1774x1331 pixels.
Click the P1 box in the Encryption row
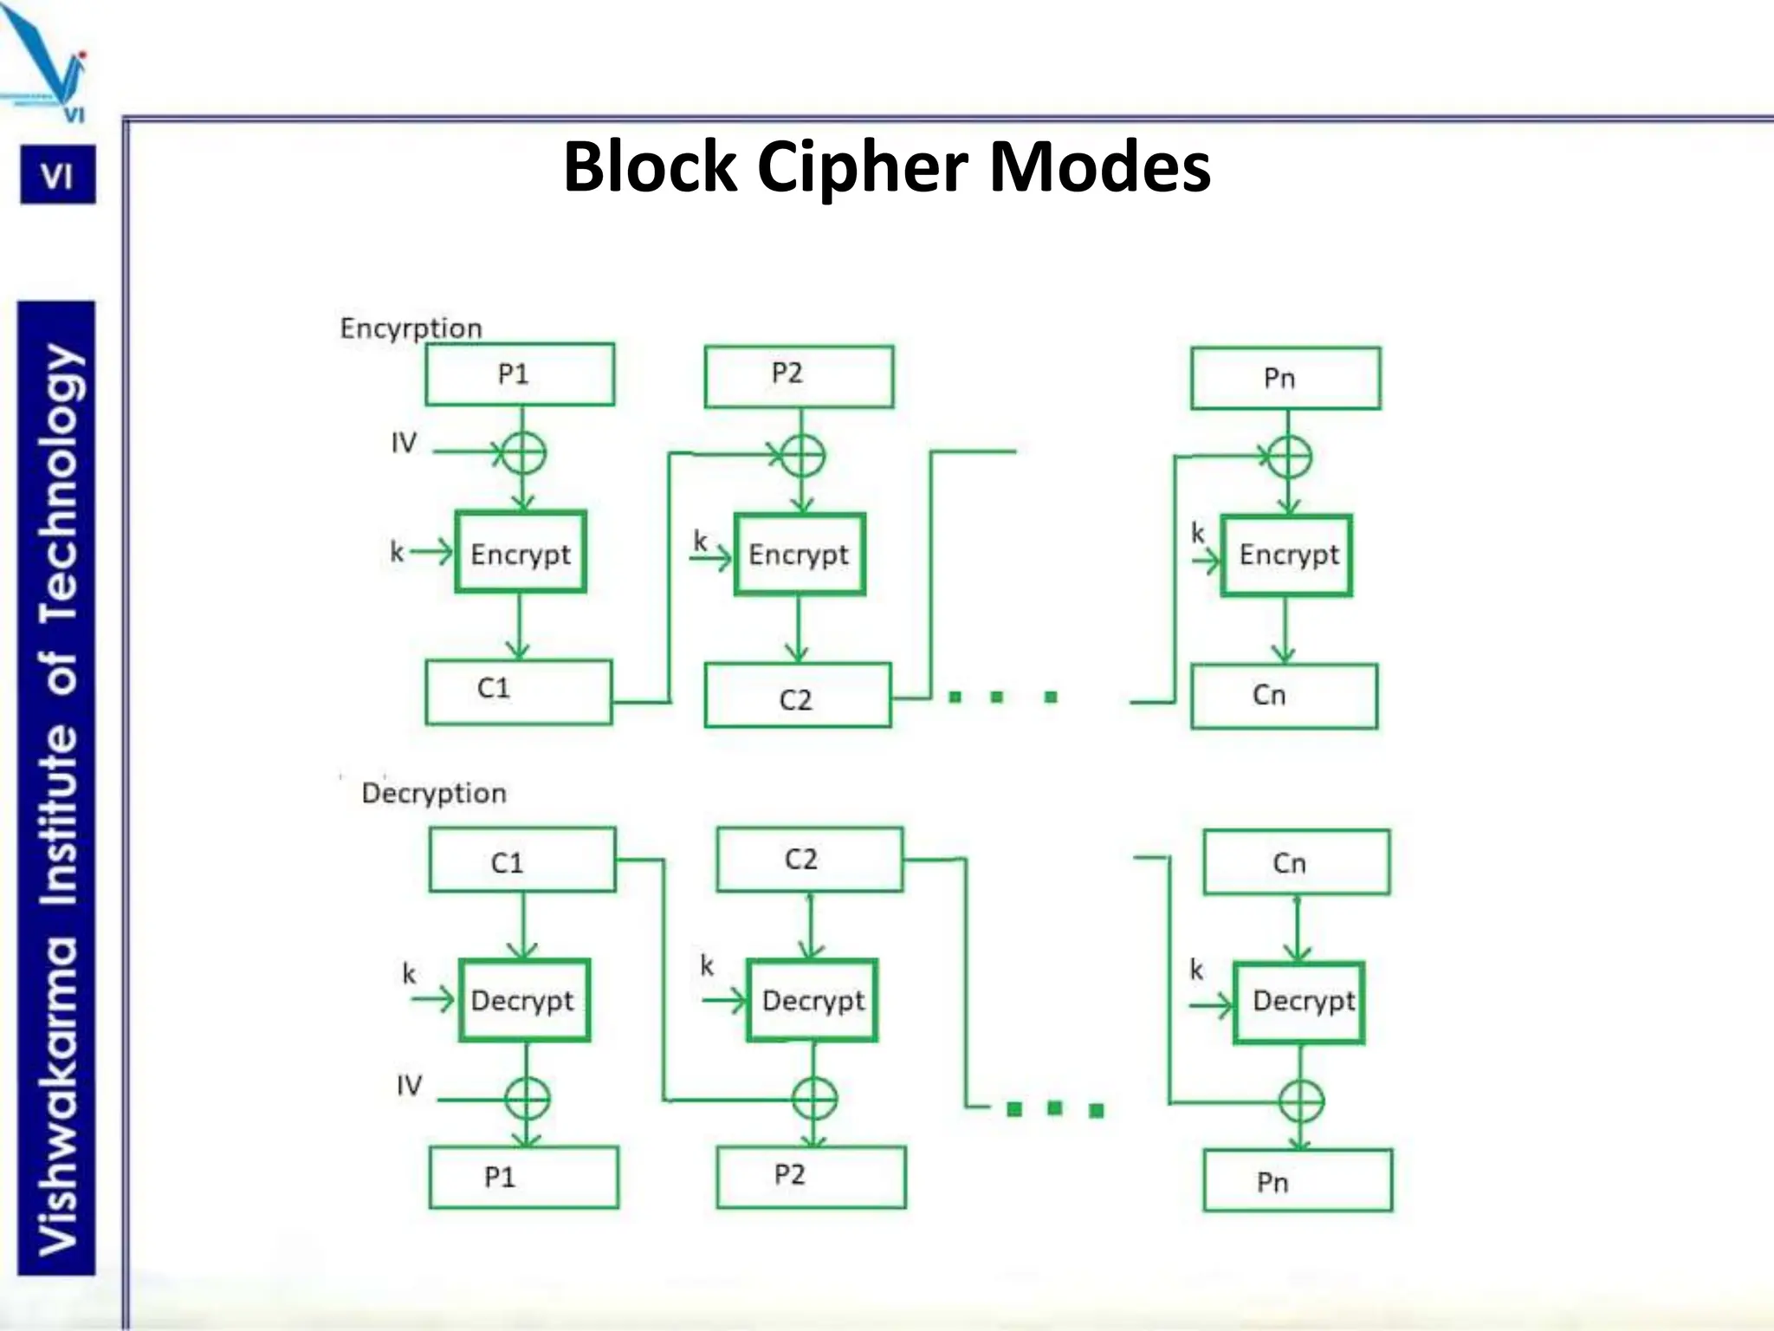coord(520,374)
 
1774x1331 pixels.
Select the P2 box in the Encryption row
coord(799,376)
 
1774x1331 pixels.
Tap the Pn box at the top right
coord(1285,379)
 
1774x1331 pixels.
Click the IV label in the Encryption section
coord(404,443)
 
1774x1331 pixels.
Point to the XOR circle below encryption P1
coord(523,453)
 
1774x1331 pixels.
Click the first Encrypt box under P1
coord(521,553)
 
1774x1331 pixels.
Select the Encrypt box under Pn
coord(1287,555)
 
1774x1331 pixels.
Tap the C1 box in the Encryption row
coord(518,691)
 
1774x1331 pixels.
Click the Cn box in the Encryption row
coord(1284,696)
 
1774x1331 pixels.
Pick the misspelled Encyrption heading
coord(411,328)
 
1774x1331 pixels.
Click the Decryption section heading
coord(434,793)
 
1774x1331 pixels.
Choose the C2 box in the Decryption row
coord(810,860)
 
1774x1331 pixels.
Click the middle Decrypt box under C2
coord(813,1000)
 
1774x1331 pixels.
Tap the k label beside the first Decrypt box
coord(409,974)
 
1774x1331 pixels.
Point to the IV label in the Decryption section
coord(409,1085)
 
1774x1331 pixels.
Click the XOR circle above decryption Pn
coord(1301,1102)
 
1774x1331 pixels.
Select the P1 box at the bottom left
coord(523,1177)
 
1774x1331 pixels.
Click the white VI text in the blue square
coord(57,177)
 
